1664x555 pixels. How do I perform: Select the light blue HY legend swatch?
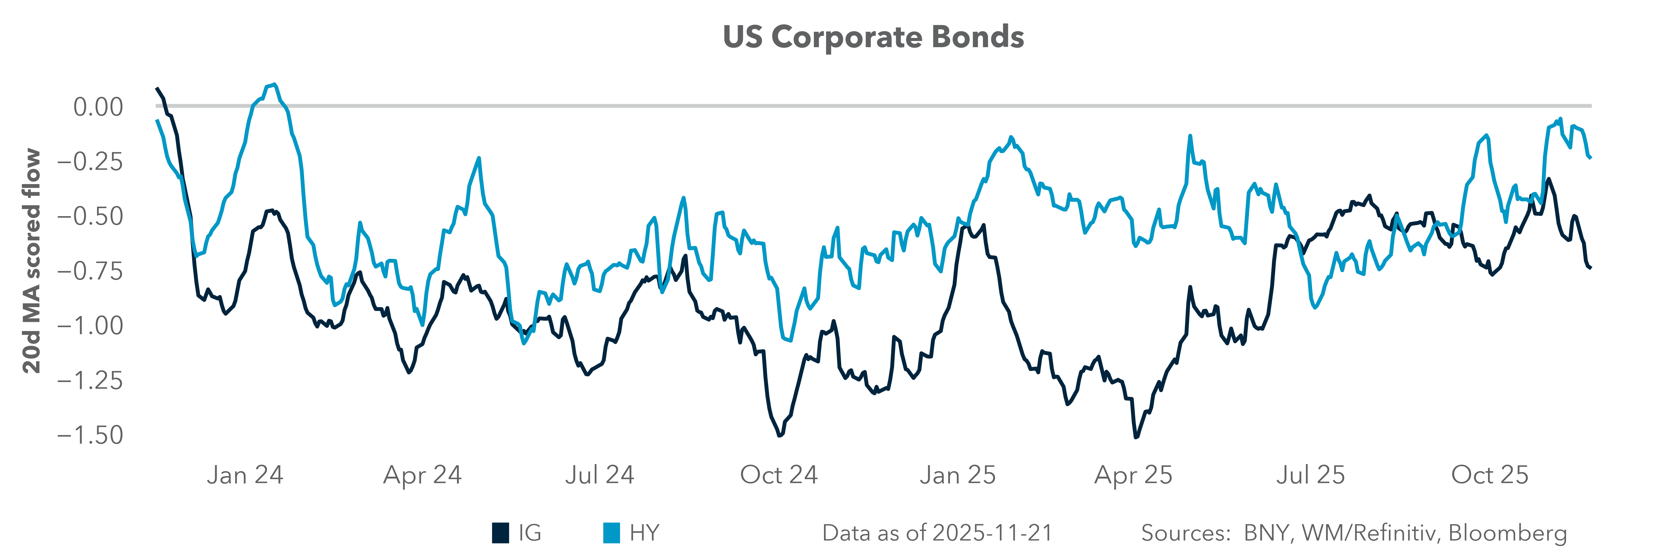click(611, 533)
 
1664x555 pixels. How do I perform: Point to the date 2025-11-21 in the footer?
click(993, 533)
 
